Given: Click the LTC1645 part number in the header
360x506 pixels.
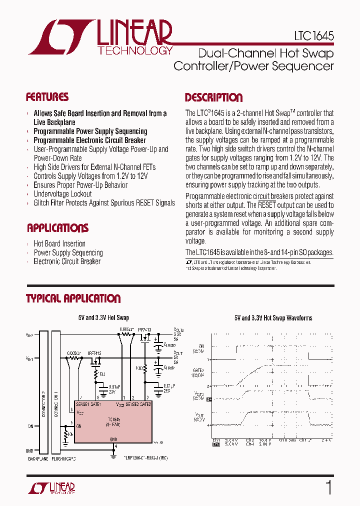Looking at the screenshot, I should [314, 37].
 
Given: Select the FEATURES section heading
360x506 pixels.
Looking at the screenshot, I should [47, 97].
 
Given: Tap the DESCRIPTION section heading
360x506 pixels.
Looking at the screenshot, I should [213, 97].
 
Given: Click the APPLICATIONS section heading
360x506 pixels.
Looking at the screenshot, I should [57, 228].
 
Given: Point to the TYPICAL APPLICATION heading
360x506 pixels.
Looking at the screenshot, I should [73, 298].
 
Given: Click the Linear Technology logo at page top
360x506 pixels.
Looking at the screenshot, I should [100, 37].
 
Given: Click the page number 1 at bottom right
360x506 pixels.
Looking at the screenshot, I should [328, 488].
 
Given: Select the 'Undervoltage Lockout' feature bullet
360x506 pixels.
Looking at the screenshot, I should [62, 194].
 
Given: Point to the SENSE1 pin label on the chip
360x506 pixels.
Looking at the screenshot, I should [82, 403].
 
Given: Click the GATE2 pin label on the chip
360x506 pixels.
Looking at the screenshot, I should [145, 403].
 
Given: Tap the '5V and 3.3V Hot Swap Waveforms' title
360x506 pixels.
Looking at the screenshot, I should [273, 317].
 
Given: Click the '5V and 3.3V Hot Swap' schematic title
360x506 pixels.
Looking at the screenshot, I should [103, 317].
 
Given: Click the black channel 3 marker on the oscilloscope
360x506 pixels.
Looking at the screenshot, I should [209, 399].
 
